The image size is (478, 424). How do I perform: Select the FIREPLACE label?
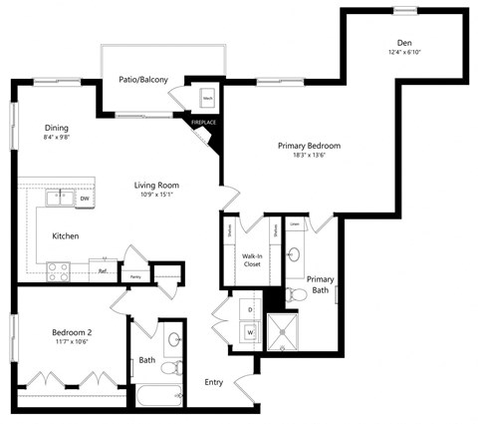coord(203,123)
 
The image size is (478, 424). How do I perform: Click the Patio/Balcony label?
coord(142,80)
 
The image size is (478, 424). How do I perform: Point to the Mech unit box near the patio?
coord(209,100)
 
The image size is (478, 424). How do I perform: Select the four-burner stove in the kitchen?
coord(58,268)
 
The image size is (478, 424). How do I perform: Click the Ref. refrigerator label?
coord(102,269)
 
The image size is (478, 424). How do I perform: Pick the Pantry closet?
coord(133,273)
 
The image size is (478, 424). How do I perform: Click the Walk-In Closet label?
coord(252,261)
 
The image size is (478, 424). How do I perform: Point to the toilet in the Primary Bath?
coord(296,294)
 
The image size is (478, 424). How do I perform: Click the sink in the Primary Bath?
coord(295,254)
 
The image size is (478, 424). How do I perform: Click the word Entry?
coord(213,382)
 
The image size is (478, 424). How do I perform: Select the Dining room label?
coord(56,128)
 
